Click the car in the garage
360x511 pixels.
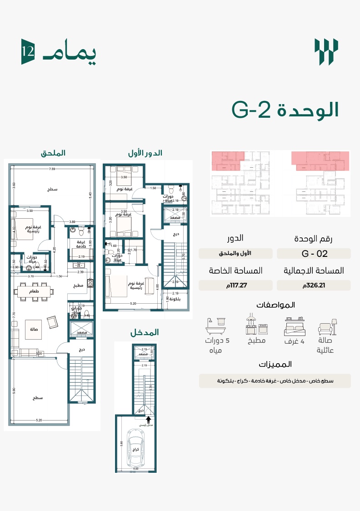point(135,448)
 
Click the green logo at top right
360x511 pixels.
point(326,52)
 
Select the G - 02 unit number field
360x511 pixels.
point(314,254)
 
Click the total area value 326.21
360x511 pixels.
point(314,286)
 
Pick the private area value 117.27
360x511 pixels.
point(235,286)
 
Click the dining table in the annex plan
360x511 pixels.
point(34,291)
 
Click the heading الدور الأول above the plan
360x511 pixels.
point(145,154)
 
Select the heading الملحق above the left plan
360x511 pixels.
point(53,154)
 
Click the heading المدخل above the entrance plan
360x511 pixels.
point(145,332)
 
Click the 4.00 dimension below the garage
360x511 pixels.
point(135,468)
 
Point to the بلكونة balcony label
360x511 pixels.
point(175,299)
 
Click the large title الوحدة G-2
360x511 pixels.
point(285,110)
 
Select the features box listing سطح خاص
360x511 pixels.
point(275,381)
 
